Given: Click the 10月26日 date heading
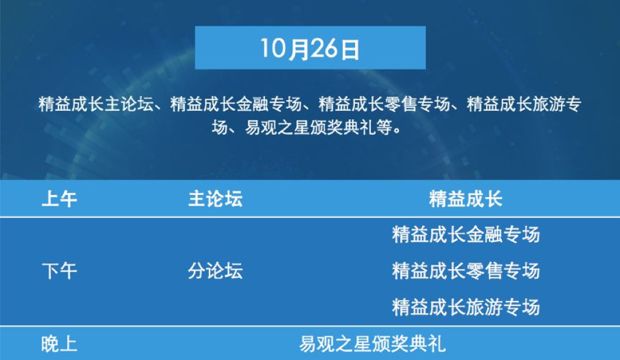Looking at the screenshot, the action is click(x=310, y=49).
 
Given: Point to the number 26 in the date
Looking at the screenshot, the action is click(x=324, y=48).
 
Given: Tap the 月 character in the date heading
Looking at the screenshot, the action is click(x=299, y=49).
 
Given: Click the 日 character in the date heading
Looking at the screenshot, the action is click(x=350, y=49).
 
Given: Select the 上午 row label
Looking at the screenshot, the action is click(x=59, y=199).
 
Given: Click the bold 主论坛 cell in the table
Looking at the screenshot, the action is click(x=216, y=199).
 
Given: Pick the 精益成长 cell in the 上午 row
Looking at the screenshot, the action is click(x=466, y=199).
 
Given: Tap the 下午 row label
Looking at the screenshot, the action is click(x=59, y=272).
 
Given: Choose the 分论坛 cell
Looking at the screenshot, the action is click(x=216, y=272).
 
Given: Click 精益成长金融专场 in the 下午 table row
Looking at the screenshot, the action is click(x=466, y=235).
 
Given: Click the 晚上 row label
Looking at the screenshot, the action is click(x=59, y=344).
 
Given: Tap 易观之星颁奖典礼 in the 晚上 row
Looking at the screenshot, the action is click(x=372, y=344).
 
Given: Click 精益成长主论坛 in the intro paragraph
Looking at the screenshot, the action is click(x=96, y=104).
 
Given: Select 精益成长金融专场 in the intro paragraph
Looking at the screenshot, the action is click(x=236, y=104).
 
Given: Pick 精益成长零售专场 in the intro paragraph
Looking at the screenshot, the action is click(x=384, y=104).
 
